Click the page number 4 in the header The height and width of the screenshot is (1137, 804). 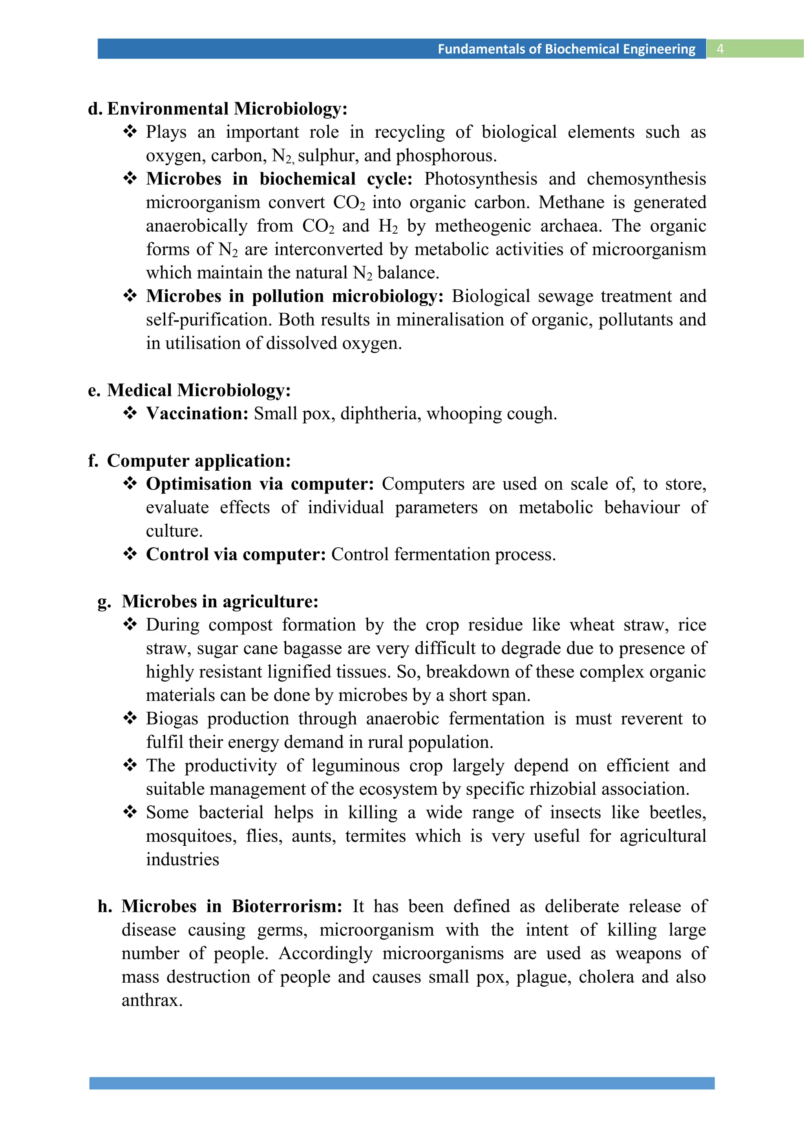click(x=720, y=49)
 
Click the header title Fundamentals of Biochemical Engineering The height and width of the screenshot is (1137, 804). click(x=566, y=49)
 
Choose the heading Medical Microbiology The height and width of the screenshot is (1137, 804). click(x=199, y=391)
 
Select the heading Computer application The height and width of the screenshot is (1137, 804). click(x=199, y=461)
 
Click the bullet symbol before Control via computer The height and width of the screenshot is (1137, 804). click(x=130, y=554)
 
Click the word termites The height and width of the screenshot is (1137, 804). click(x=375, y=836)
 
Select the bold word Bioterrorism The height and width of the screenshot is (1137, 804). click(x=287, y=907)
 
